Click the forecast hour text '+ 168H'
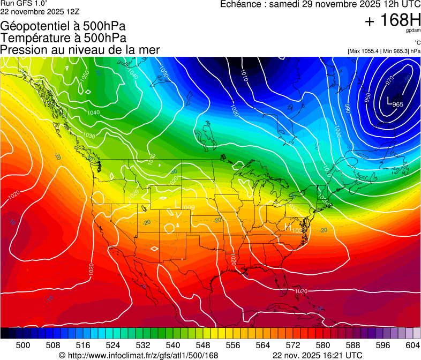[x=392, y=21]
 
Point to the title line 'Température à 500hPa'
[x=63, y=38]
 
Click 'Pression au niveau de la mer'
[x=80, y=50]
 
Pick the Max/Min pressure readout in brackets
[x=384, y=51]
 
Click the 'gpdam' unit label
[x=413, y=31]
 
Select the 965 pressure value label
[x=398, y=104]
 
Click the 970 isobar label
[x=389, y=80]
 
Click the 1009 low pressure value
[x=188, y=207]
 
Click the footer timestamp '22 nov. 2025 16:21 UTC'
[x=317, y=355]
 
